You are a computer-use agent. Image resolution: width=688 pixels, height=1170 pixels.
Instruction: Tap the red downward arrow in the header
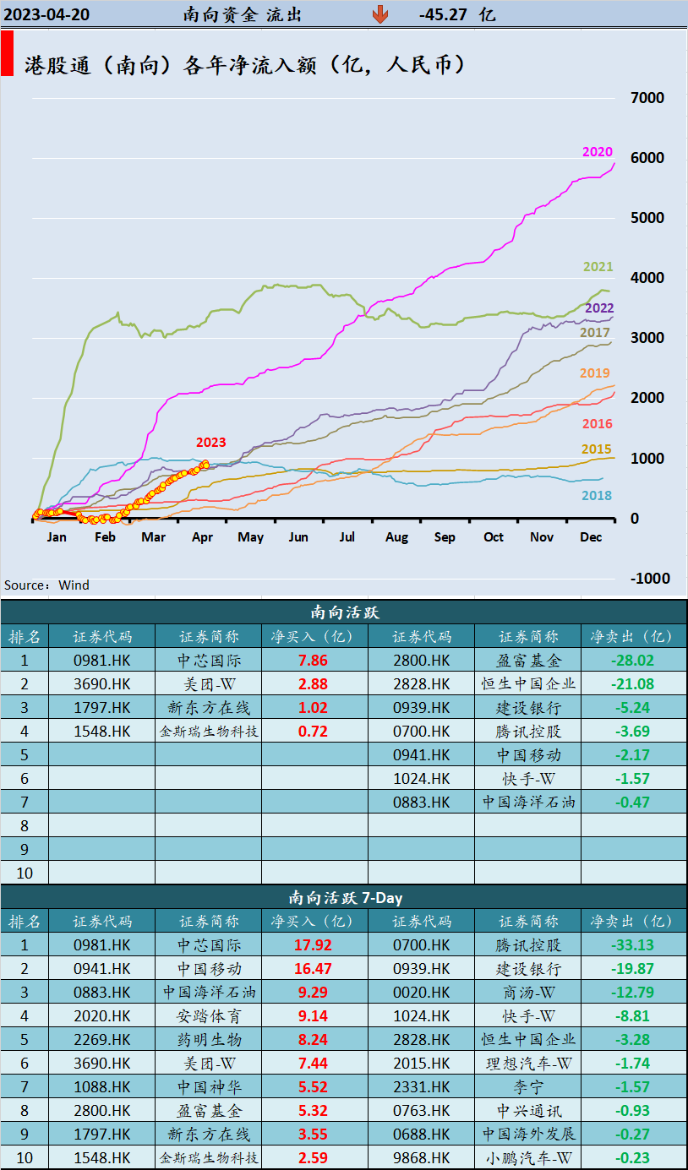pyautogui.click(x=380, y=14)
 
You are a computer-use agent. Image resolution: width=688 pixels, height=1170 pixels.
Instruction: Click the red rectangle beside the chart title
pyautogui.click(x=7, y=54)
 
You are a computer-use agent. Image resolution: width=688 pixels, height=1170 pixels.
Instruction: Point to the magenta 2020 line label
pyautogui.click(x=597, y=152)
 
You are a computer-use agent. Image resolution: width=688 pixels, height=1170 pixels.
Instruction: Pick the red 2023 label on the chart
pyautogui.click(x=210, y=442)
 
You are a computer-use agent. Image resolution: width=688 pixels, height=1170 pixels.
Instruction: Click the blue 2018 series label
pyautogui.click(x=597, y=496)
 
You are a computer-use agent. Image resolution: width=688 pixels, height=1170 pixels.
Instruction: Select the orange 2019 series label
pyautogui.click(x=594, y=373)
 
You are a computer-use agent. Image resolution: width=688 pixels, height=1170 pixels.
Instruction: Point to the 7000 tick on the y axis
pyautogui.click(x=647, y=98)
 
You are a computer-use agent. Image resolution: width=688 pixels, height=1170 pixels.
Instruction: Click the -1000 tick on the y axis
pyautogui.click(x=647, y=579)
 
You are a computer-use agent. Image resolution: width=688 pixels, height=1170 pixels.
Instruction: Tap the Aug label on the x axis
pyautogui.click(x=396, y=537)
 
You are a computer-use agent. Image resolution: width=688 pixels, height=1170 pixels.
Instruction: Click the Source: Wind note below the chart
pyautogui.click(x=46, y=585)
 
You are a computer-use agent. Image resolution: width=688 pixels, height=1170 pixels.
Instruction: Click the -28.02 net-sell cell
pyautogui.click(x=632, y=661)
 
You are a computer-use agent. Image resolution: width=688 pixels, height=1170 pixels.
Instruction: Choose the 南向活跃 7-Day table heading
pyautogui.click(x=344, y=898)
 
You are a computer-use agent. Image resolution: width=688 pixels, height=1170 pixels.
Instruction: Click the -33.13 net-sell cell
pyautogui.click(x=632, y=945)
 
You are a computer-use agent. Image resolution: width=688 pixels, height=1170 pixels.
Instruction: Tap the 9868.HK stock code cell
pyautogui.click(x=422, y=1157)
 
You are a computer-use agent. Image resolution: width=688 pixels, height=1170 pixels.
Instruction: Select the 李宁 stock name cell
pyautogui.click(x=527, y=1086)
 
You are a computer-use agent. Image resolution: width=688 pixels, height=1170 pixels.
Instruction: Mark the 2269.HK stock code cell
pyautogui.click(x=102, y=1039)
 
